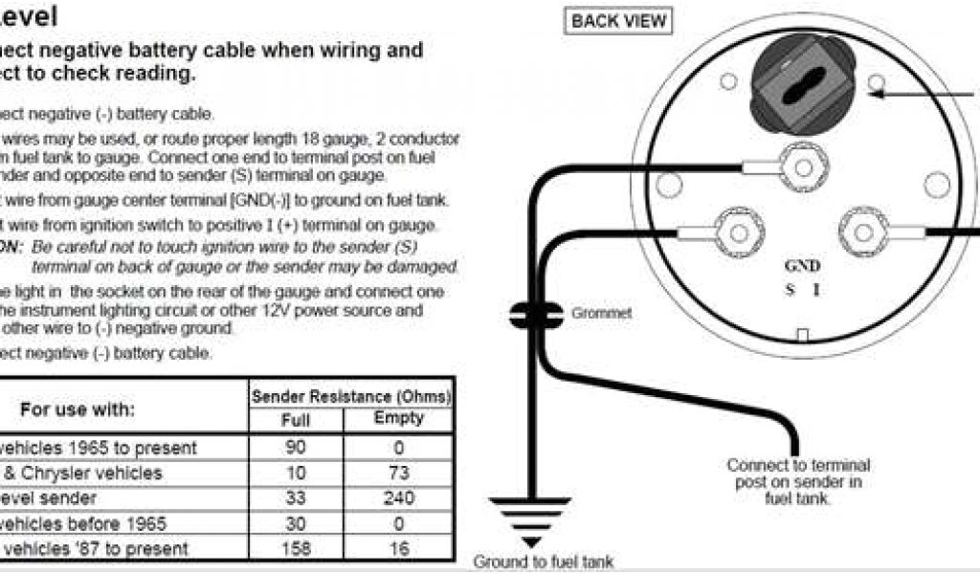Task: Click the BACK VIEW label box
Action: [x=618, y=21]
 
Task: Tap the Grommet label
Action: [x=601, y=314]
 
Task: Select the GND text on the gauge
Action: [x=801, y=267]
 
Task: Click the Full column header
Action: [x=296, y=420]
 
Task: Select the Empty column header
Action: [x=398, y=419]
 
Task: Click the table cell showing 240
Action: [x=398, y=498]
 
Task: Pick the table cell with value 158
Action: [x=296, y=549]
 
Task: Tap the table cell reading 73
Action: [x=398, y=474]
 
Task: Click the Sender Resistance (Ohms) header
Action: [x=350, y=396]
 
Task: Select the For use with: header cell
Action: [x=78, y=408]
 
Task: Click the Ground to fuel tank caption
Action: [x=544, y=562]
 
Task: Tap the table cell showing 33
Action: [x=296, y=498]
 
